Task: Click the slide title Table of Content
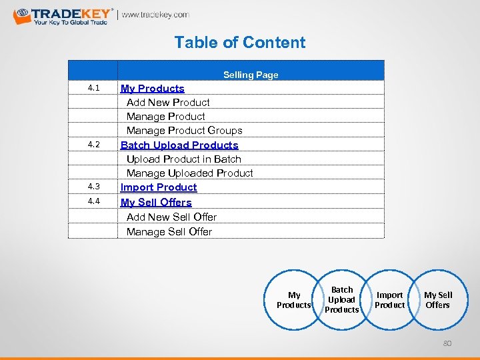click(x=240, y=43)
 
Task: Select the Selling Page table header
click(x=251, y=75)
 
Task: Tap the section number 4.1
click(x=93, y=88)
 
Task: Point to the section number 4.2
click(x=93, y=145)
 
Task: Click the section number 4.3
click(x=93, y=187)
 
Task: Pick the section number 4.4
click(x=93, y=201)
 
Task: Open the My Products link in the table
click(x=153, y=88)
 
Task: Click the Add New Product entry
click(x=168, y=102)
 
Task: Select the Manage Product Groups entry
click(x=184, y=131)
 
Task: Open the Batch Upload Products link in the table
click(x=179, y=145)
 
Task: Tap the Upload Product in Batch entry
click(x=183, y=159)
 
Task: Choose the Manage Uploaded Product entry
click(x=189, y=173)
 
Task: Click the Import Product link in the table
click(x=159, y=187)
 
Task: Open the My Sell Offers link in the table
click(x=156, y=202)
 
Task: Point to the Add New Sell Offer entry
click(x=171, y=217)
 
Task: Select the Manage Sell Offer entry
click(x=169, y=231)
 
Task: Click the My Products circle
click(x=294, y=300)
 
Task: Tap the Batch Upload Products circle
click(x=342, y=300)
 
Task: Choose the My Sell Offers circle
click(x=438, y=300)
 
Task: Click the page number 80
click(x=447, y=344)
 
